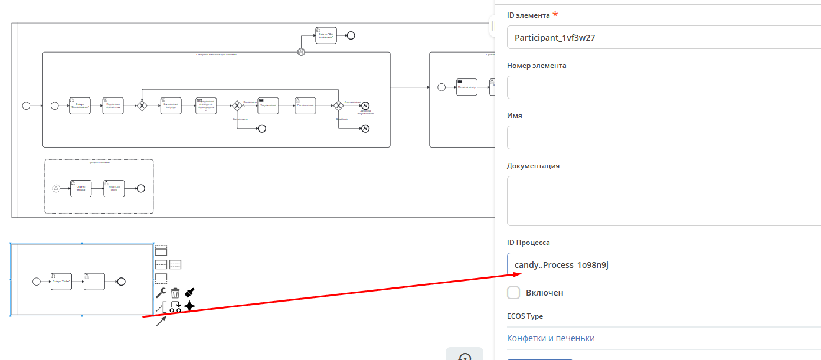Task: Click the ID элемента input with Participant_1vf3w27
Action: (661, 38)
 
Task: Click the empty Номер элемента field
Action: (661, 87)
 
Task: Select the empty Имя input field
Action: (661, 137)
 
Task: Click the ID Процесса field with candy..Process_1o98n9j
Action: (661, 265)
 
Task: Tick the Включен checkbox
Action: (513, 293)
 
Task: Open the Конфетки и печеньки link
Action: (551, 338)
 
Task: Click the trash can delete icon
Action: (175, 293)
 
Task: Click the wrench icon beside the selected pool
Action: (161, 293)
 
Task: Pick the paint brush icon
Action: (189, 292)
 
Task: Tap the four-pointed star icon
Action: (189, 306)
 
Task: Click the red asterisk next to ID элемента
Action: (555, 14)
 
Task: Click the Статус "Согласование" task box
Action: (80, 106)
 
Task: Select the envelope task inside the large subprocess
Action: (269, 106)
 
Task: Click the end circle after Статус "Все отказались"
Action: (351, 35)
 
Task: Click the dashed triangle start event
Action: (56, 188)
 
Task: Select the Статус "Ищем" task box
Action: (81, 188)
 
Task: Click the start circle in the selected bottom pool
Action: (37, 281)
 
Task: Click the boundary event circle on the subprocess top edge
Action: (300, 52)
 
